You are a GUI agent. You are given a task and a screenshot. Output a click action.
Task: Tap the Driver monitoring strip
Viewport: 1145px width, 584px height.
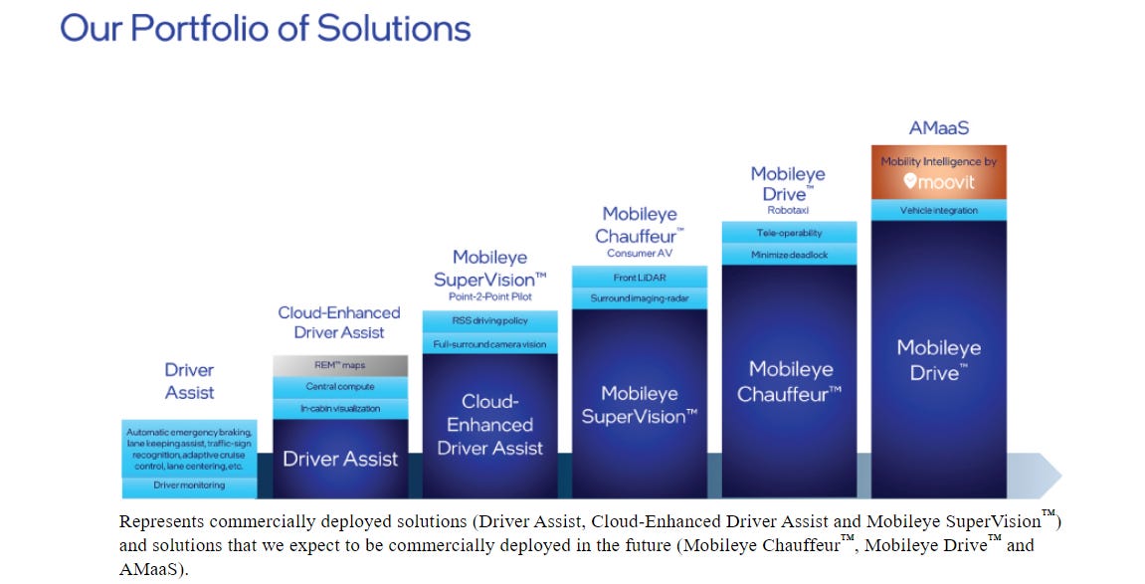point(189,486)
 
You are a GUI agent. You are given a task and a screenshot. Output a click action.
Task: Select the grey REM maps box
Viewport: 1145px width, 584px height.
point(340,365)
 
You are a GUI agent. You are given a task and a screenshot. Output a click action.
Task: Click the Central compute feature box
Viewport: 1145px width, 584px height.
point(340,386)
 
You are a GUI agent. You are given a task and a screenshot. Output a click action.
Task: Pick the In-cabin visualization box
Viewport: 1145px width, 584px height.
point(340,408)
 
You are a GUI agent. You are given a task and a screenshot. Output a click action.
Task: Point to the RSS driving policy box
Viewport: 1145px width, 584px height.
point(489,321)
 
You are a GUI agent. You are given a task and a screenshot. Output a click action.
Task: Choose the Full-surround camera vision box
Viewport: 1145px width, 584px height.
point(489,344)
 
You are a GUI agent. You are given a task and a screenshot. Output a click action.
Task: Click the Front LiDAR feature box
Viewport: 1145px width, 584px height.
point(640,277)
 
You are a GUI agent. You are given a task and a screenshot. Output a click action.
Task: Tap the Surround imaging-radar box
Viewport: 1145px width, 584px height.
point(640,298)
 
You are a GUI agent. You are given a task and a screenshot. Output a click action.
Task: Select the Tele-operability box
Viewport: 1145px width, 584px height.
point(789,233)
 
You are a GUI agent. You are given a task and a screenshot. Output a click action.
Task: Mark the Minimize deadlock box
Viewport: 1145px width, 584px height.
point(789,255)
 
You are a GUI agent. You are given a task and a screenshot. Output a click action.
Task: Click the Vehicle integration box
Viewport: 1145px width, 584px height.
point(938,211)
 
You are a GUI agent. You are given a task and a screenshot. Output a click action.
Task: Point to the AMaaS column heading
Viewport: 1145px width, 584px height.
point(938,128)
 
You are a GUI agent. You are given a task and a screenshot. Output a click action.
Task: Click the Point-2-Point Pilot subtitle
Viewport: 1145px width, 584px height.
point(489,297)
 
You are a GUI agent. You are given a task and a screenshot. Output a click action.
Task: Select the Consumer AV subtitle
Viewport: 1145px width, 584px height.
point(640,253)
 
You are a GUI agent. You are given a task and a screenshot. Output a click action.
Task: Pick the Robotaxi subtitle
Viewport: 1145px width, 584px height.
point(789,210)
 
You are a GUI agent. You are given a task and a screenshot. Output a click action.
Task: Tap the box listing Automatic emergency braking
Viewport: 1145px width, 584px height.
point(189,448)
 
